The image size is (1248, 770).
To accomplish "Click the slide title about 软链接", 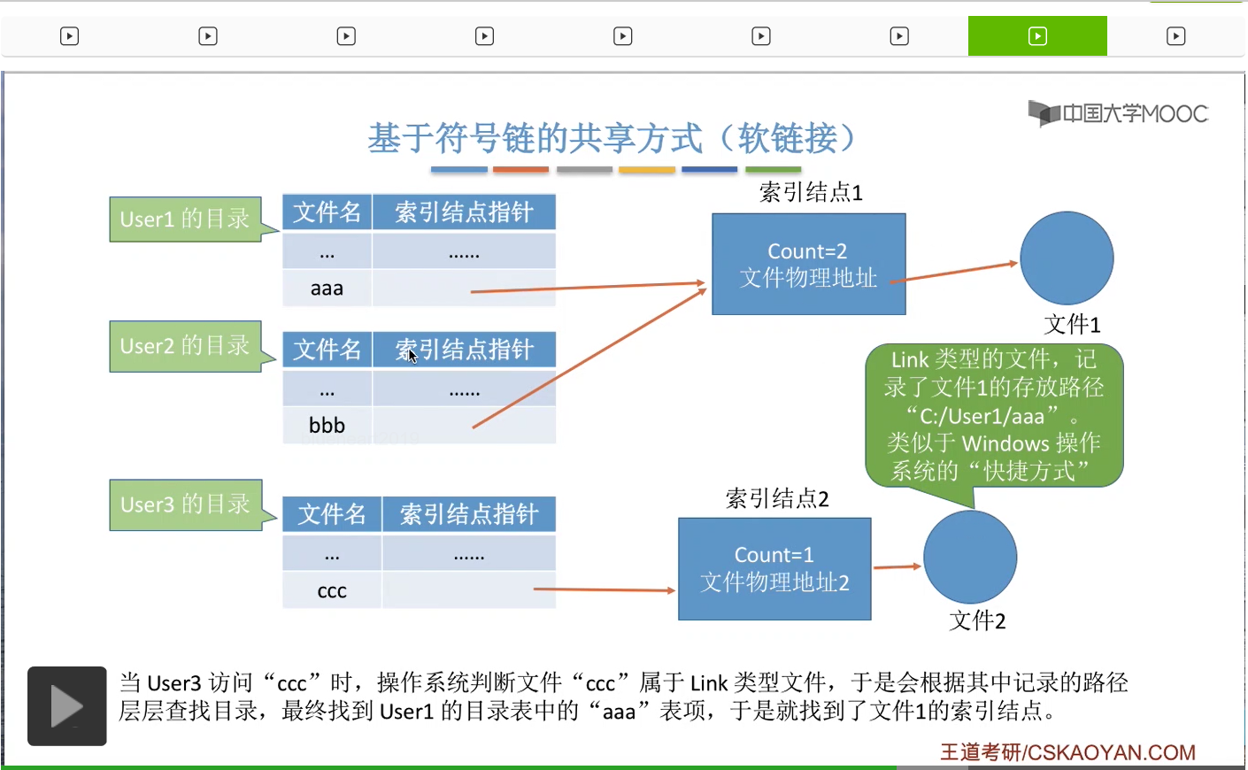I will tap(612, 138).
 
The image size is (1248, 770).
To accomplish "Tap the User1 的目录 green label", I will tap(185, 219).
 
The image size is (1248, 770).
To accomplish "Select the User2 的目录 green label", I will tap(185, 345).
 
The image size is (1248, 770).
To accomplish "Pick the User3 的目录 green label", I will tap(185, 504).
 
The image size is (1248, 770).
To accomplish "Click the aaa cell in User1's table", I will tap(327, 289).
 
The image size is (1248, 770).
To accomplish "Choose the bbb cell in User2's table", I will tap(327, 426).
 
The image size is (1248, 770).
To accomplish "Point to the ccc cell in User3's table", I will tap(332, 591).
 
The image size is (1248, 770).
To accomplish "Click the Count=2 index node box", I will tap(808, 264).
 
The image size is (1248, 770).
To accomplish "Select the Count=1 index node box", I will tap(774, 568).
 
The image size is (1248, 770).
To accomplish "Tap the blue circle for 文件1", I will tap(1067, 258).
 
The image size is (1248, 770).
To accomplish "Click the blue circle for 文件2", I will tap(970, 557).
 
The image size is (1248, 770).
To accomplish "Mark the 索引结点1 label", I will tap(811, 192).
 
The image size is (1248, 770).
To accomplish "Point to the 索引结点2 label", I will tap(777, 498).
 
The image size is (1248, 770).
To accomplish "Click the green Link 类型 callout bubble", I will tap(994, 415).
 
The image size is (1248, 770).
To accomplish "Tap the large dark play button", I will tap(67, 706).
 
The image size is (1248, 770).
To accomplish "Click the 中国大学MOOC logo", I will tap(1118, 113).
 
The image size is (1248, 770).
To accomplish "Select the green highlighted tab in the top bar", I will tap(1037, 36).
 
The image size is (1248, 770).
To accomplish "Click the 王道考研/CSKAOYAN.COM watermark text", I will tap(1067, 752).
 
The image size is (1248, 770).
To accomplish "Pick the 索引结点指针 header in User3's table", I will tap(469, 514).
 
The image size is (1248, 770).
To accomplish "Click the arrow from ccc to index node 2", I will tap(605, 589).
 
